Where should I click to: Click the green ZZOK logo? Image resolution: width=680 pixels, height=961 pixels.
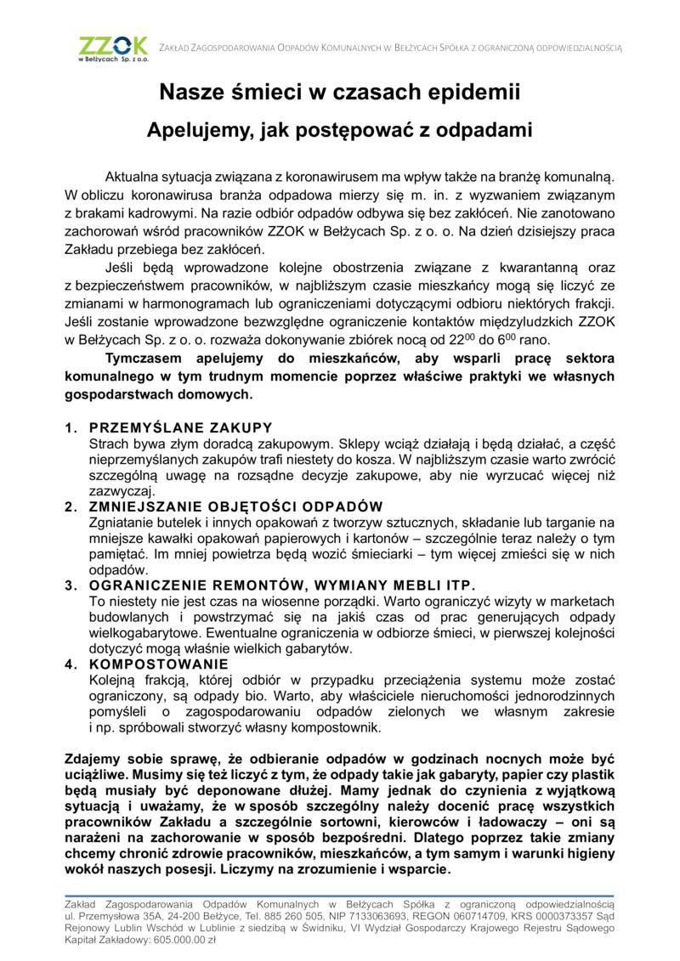[x=112, y=48]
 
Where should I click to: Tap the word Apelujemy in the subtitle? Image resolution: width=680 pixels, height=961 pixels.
[x=197, y=130]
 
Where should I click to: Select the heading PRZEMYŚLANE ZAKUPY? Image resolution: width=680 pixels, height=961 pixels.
[x=180, y=427]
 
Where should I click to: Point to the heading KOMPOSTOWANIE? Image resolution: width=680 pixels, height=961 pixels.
[x=159, y=664]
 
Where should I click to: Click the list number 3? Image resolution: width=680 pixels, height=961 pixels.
[x=70, y=585]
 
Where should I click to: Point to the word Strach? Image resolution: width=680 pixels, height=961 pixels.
[x=110, y=444]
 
